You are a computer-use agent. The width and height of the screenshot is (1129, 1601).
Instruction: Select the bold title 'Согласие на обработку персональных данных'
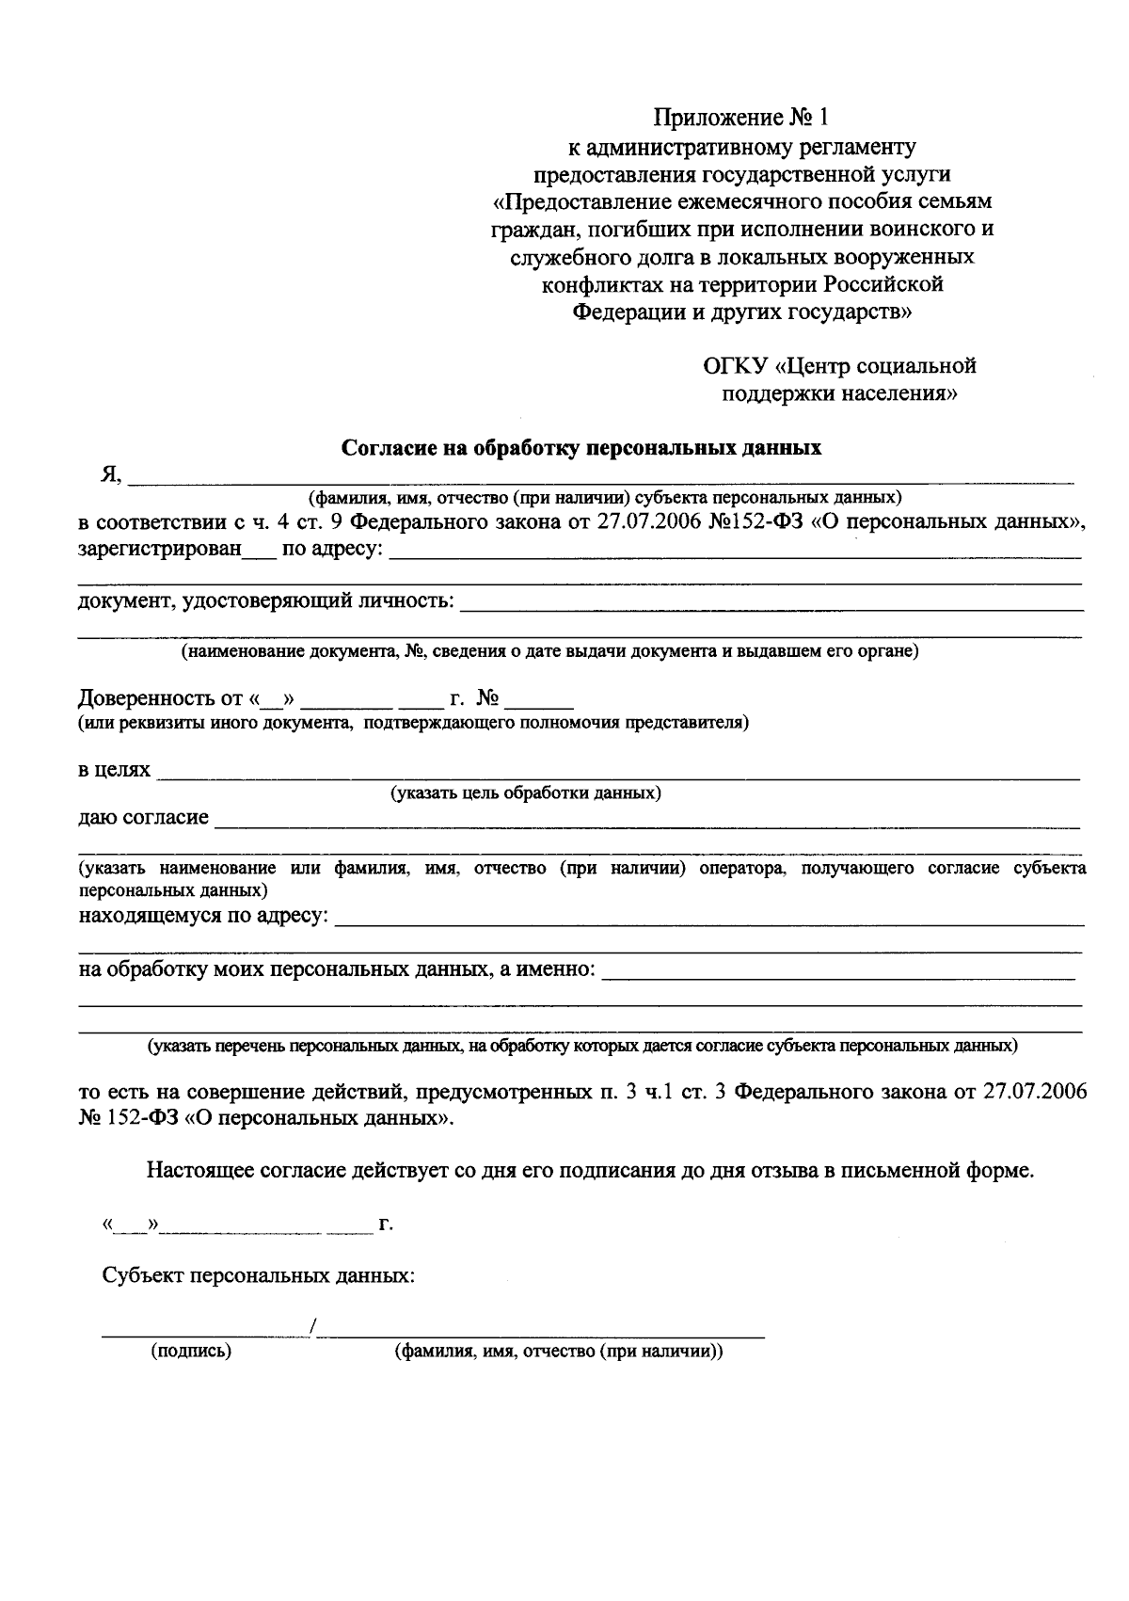pos(580,448)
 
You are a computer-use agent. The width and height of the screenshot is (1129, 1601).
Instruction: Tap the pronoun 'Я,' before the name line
pos(111,475)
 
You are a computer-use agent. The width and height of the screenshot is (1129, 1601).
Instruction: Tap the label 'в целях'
pos(114,770)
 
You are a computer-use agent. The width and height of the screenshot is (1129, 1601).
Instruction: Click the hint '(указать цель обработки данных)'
pos(526,793)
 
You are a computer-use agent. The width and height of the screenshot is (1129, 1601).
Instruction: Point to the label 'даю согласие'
pos(143,817)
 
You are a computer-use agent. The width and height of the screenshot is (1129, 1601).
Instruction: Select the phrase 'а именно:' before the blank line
pos(549,969)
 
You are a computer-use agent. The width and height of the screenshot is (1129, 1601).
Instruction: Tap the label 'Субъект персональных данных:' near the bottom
pos(259,1276)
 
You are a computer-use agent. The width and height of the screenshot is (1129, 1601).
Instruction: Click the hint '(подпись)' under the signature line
pos(191,1352)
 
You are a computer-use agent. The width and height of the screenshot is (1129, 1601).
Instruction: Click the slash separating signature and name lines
pos(312,1328)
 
